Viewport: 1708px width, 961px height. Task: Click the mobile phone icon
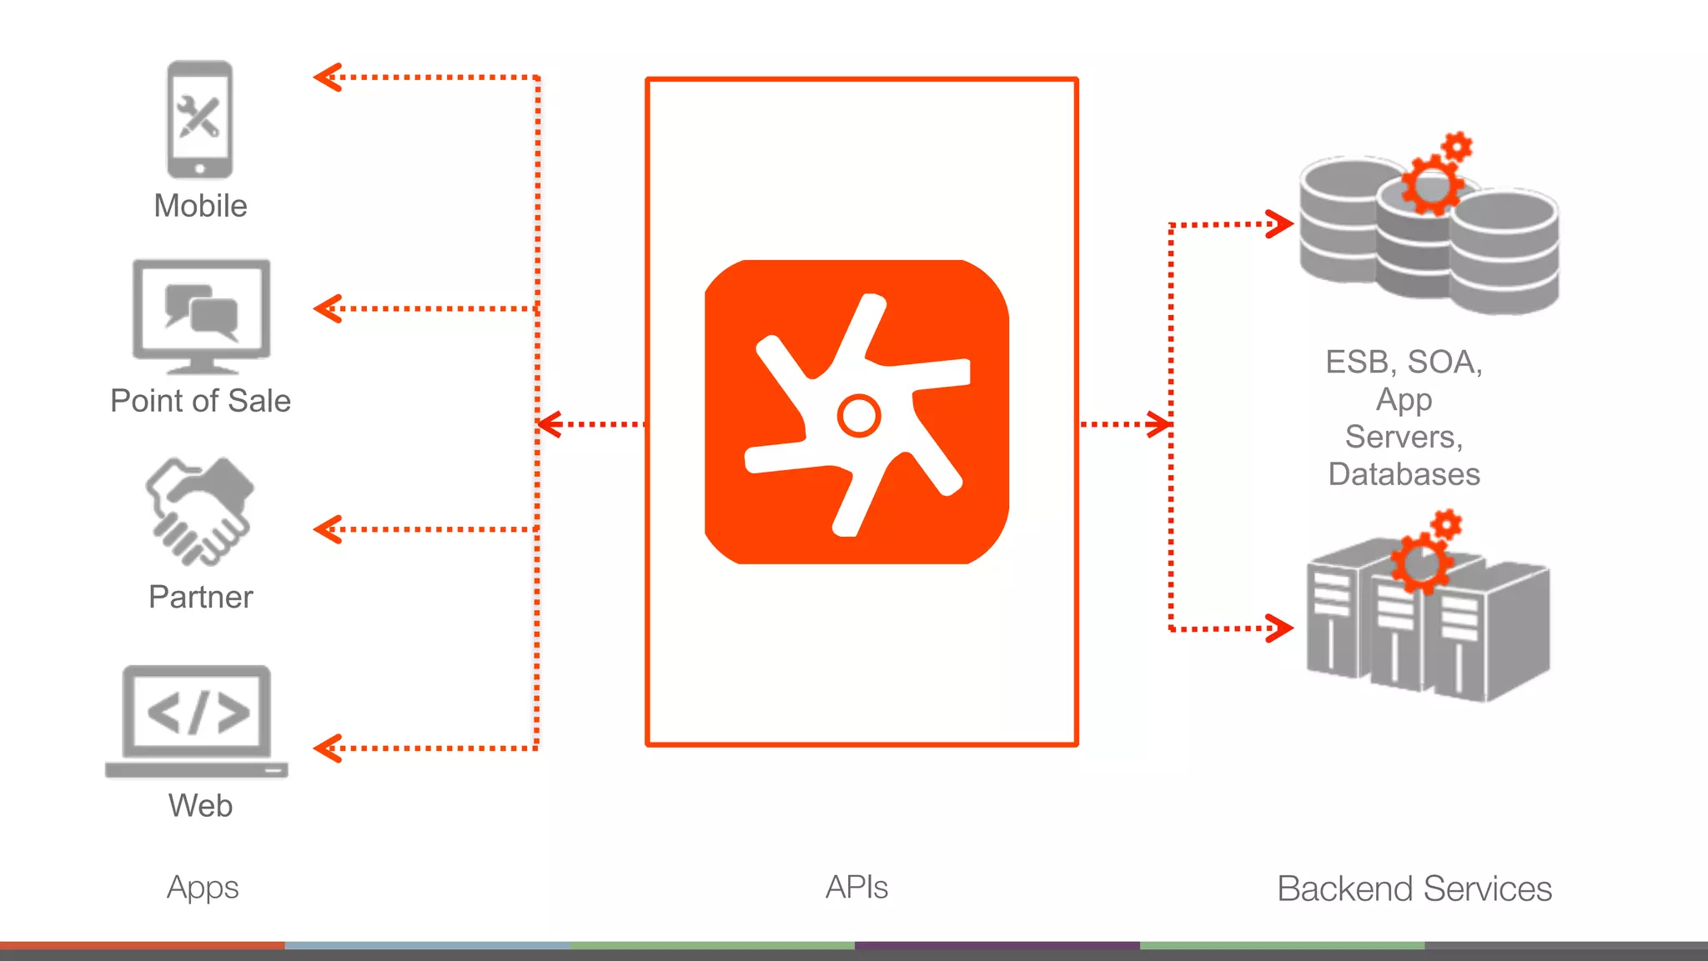pyautogui.click(x=200, y=119)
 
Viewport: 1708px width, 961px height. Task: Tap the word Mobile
pyautogui.click(x=200, y=206)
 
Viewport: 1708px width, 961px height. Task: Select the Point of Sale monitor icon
pyautogui.click(x=201, y=316)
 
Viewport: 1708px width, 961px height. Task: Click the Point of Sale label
pyautogui.click(x=200, y=401)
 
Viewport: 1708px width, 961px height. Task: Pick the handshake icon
pyautogui.click(x=200, y=510)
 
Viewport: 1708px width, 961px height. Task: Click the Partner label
pyautogui.click(x=200, y=597)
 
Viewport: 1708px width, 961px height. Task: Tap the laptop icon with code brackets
pyautogui.click(x=197, y=721)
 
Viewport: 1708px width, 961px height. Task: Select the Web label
pyautogui.click(x=200, y=805)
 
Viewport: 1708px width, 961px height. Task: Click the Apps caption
pyautogui.click(x=203, y=888)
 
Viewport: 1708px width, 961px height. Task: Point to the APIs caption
pyautogui.click(x=857, y=888)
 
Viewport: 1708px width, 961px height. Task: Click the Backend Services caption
pyautogui.click(x=1414, y=888)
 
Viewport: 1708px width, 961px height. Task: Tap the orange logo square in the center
pyautogui.click(x=857, y=412)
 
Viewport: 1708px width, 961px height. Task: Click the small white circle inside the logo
pyautogui.click(x=858, y=415)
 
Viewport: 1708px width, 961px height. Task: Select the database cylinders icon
pyautogui.click(x=1429, y=229)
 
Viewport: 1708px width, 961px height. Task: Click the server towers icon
pyautogui.click(x=1427, y=617)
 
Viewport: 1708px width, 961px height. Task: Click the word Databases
pyautogui.click(x=1404, y=474)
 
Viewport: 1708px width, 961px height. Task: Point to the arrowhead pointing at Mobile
pyautogui.click(x=327, y=78)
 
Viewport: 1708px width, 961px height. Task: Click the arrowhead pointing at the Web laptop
pyautogui.click(x=327, y=748)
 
